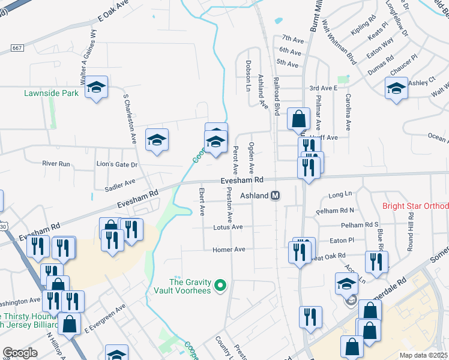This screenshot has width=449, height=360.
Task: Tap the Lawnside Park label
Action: [52, 94]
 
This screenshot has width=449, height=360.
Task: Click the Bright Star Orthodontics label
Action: [415, 206]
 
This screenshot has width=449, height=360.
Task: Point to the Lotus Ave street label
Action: [228, 227]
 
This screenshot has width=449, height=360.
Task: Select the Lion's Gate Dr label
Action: [117, 164]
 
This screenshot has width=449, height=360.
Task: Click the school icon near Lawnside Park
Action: [96, 88]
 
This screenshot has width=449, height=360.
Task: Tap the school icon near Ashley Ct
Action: [396, 89]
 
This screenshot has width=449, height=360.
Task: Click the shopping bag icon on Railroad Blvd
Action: [298, 119]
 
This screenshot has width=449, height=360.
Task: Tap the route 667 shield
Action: [17, 47]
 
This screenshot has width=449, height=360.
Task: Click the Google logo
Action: [20, 353]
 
